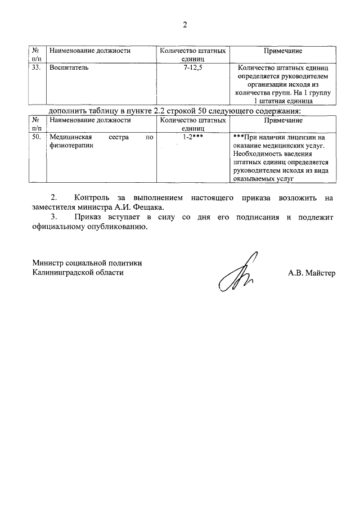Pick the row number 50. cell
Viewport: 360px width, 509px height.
point(36,137)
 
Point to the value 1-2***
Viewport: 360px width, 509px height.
point(193,137)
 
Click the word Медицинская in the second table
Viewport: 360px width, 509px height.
point(70,137)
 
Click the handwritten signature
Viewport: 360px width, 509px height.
point(237,272)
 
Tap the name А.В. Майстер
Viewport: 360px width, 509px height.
point(311,273)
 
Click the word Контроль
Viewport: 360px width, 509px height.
point(93,197)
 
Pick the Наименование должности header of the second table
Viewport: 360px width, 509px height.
point(90,120)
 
